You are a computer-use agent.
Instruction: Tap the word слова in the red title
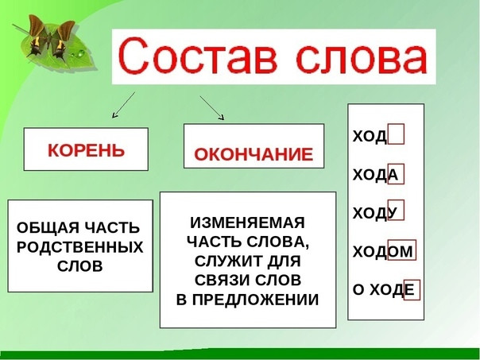(x=362, y=58)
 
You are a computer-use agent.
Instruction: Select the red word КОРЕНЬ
(x=87, y=150)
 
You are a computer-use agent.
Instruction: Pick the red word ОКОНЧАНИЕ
(x=254, y=153)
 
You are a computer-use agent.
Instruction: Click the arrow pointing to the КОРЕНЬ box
(x=123, y=105)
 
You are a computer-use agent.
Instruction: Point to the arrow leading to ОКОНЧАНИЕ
(x=212, y=108)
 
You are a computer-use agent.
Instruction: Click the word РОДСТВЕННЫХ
(x=80, y=247)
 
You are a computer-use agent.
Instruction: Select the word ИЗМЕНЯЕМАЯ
(x=247, y=223)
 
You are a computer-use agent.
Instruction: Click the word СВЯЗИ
(x=223, y=280)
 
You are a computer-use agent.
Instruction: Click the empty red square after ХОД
(x=396, y=134)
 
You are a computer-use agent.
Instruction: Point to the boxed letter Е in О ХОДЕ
(x=412, y=289)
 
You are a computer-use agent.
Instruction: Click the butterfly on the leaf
(x=52, y=37)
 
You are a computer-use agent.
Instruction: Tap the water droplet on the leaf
(x=81, y=54)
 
